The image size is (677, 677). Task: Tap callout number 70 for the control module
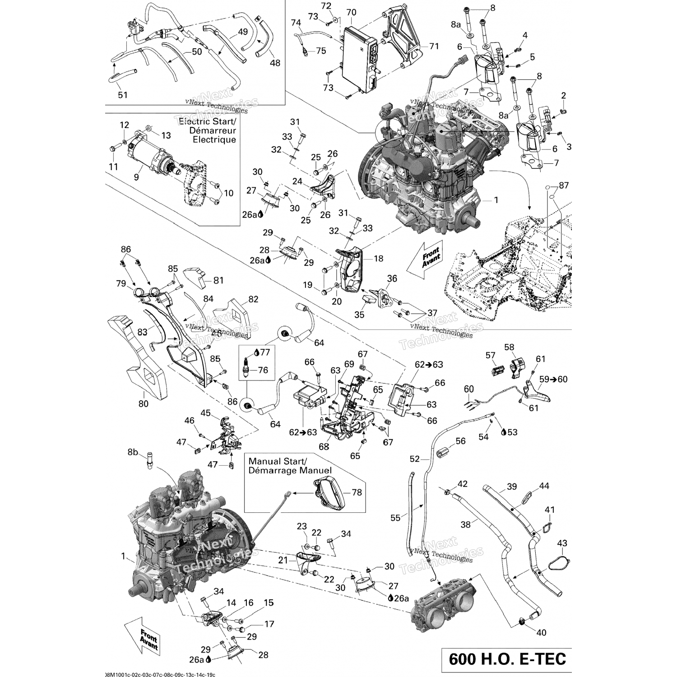tap(351, 13)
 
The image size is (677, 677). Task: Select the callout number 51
tap(123, 95)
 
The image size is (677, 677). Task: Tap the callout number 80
tap(143, 403)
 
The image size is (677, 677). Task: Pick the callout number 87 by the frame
tap(564, 185)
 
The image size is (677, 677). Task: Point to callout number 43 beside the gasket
tap(562, 543)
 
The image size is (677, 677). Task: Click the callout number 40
tap(541, 632)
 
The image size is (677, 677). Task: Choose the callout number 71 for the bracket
tap(434, 46)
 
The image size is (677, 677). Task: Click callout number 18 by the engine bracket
tap(378, 258)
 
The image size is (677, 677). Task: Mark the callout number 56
tap(460, 441)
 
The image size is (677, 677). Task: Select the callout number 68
tap(324, 447)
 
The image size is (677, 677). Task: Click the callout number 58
tap(509, 347)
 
